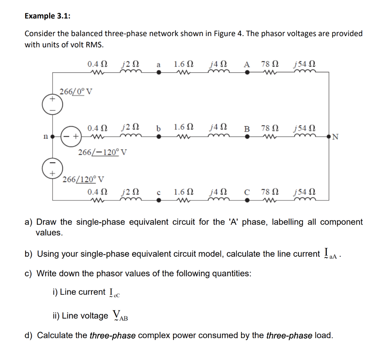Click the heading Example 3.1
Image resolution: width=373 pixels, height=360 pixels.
(x=47, y=16)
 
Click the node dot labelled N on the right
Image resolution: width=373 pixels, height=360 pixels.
(x=329, y=137)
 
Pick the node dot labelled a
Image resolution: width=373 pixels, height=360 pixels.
(x=158, y=72)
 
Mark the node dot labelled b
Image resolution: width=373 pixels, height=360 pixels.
(x=158, y=137)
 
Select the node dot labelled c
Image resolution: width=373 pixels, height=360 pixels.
(x=158, y=200)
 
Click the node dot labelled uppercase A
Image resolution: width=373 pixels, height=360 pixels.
(x=247, y=72)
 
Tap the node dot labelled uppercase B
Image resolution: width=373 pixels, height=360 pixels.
(x=247, y=137)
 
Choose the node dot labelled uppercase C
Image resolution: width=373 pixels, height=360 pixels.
(x=247, y=200)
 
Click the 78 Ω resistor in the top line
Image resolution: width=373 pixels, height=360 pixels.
(x=270, y=72)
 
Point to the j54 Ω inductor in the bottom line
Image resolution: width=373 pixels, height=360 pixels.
(x=304, y=200)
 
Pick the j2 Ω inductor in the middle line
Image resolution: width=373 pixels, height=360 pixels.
(x=130, y=137)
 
